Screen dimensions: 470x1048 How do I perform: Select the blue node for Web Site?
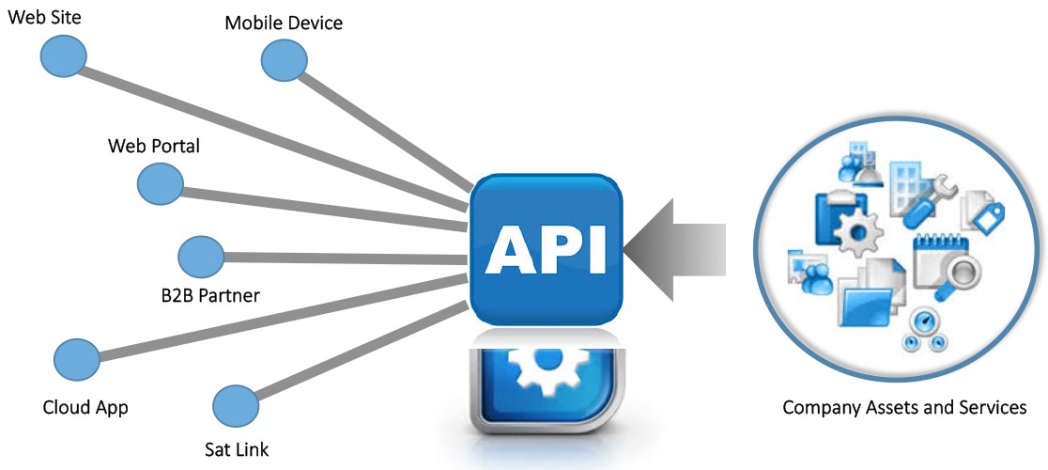[x=63, y=56]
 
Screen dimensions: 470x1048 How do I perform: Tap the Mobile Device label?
[x=284, y=23]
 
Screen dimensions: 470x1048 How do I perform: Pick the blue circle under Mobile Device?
[x=284, y=61]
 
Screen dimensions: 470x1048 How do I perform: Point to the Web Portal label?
[x=154, y=147]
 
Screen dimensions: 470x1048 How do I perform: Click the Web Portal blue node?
[x=161, y=183]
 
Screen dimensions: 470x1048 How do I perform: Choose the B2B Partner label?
[x=210, y=295]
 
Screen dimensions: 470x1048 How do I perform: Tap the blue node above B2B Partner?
[x=201, y=256]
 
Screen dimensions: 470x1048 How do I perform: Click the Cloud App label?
[x=85, y=407]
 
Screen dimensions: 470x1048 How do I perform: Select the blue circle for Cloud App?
[x=77, y=358]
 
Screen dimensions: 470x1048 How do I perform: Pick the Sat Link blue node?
[x=236, y=405]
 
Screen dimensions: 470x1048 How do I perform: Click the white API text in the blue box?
[x=546, y=248]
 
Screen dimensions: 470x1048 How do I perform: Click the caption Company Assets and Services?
[x=903, y=408]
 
